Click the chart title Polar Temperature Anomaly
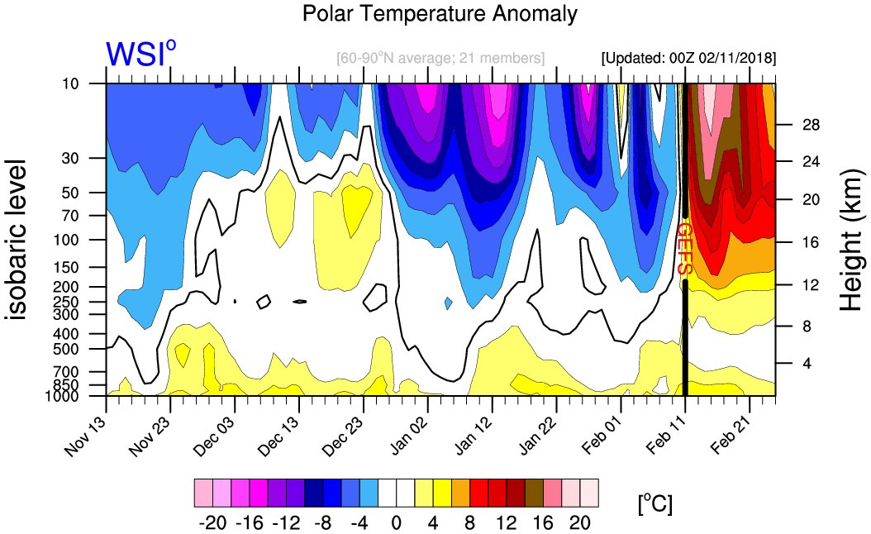[x=440, y=14]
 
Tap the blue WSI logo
[x=140, y=55]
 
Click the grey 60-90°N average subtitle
[x=440, y=59]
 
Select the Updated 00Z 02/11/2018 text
[x=688, y=59]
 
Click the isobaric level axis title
[x=18, y=240]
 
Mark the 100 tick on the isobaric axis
[x=90, y=240]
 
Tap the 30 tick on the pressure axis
[x=93, y=158]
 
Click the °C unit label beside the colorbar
[x=654, y=503]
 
